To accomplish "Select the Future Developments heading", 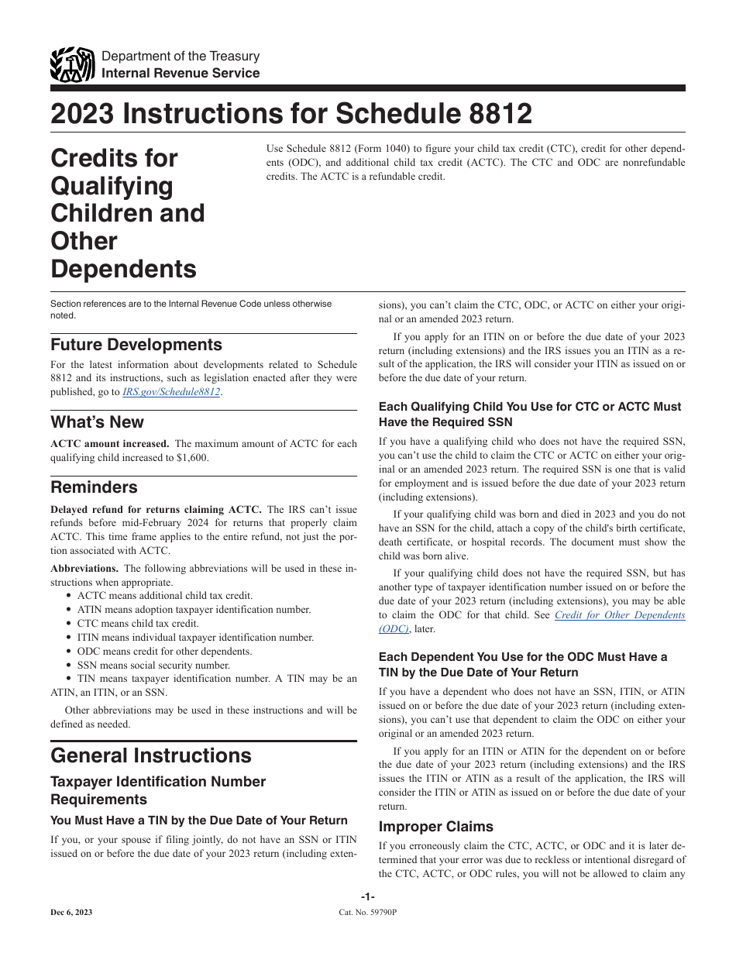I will tap(136, 344).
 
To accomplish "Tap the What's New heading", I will tap(97, 422).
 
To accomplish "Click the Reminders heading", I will tap(94, 487).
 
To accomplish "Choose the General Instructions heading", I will tap(150, 755).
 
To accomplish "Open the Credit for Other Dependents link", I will tap(620, 615).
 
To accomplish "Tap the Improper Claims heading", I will tap(435, 826).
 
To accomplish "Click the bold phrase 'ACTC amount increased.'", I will tap(109, 444).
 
